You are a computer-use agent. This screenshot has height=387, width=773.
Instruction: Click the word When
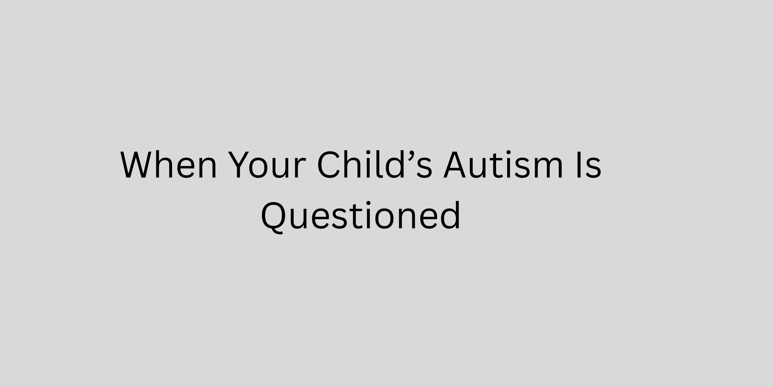point(168,165)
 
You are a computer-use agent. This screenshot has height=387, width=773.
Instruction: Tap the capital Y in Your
point(240,165)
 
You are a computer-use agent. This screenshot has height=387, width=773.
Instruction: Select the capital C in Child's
point(329,165)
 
